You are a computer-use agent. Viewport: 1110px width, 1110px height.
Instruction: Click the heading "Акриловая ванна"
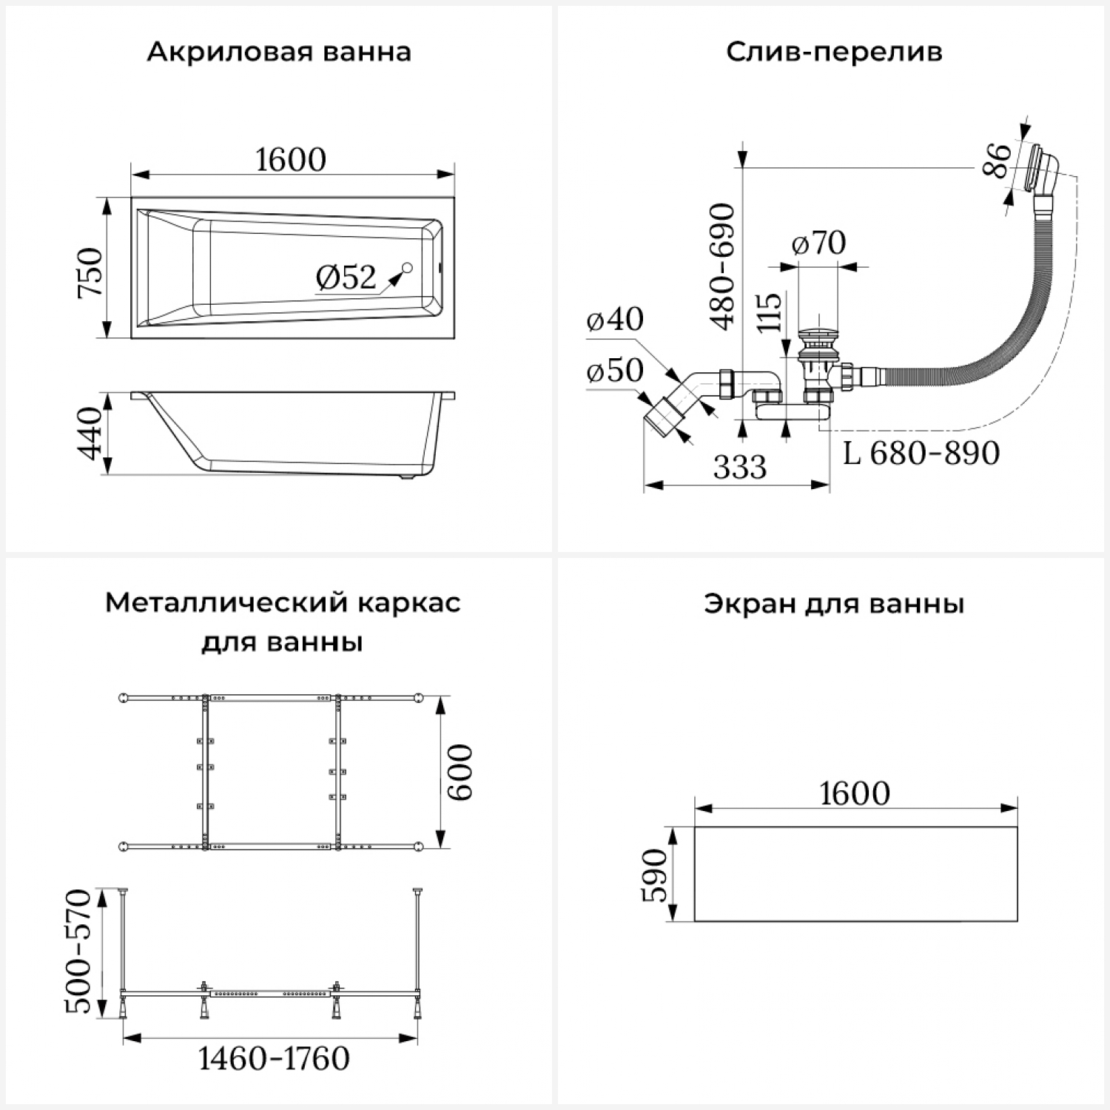click(x=279, y=53)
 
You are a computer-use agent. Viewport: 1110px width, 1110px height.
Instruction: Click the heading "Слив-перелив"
click(x=834, y=53)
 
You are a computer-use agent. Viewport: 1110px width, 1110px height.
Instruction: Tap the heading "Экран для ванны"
click(x=834, y=604)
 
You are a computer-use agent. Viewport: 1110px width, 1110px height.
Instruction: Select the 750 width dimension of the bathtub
click(x=90, y=272)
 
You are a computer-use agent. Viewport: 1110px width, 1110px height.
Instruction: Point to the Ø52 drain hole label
click(x=346, y=277)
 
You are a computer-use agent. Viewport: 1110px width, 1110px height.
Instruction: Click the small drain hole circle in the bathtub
click(x=407, y=268)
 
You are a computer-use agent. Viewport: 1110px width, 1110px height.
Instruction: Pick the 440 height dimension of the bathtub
click(x=90, y=433)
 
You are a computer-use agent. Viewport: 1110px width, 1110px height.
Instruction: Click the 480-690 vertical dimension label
click(x=722, y=266)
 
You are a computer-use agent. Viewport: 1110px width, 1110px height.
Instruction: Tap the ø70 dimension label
click(x=818, y=243)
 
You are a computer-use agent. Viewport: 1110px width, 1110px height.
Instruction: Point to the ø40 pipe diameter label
click(x=615, y=320)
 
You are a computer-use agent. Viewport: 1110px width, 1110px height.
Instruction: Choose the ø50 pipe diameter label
click(x=615, y=371)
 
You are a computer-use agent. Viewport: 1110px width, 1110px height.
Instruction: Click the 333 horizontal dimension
click(x=740, y=468)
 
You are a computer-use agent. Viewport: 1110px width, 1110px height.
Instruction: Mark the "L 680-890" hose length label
click(x=921, y=453)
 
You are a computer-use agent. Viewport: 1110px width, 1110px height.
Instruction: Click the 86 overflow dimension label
click(x=997, y=161)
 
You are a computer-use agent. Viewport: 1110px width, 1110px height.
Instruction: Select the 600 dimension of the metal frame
click(x=460, y=772)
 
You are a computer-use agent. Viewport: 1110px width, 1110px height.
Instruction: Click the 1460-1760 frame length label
click(x=274, y=1059)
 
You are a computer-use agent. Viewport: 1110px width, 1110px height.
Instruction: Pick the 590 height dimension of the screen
click(x=653, y=875)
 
